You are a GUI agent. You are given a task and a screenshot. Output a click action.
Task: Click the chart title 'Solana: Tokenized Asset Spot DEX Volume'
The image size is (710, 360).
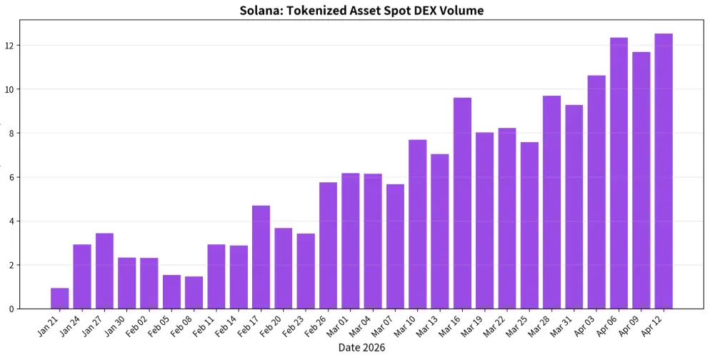click(x=361, y=11)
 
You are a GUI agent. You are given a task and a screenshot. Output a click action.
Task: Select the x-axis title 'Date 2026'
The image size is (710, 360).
click(x=361, y=348)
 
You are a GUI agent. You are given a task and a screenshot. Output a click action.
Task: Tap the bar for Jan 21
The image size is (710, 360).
click(x=60, y=299)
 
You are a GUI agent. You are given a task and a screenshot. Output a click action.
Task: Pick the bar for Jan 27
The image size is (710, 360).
click(x=104, y=271)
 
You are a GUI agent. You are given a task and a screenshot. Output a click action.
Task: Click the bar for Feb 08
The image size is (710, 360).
click(x=194, y=293)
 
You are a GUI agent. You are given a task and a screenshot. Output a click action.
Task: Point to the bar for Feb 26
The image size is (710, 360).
click(x=328, y=246)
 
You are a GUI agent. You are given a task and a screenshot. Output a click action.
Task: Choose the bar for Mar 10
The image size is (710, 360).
click(x=417, y=224)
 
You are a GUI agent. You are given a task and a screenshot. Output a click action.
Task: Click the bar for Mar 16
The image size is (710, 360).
click(x=462, y=204)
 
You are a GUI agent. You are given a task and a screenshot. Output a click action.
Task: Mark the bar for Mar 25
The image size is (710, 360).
click(x=529, y=226)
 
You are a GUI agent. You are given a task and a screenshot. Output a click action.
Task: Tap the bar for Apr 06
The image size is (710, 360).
click(x=619, y=174)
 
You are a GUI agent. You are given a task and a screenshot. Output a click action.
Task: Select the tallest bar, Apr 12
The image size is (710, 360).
click(x=663, y=171)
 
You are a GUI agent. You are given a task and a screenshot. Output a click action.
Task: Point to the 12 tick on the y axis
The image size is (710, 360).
click(x=10, y=46)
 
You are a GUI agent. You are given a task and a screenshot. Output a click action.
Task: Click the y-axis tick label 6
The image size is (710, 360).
click(x=10, y=177)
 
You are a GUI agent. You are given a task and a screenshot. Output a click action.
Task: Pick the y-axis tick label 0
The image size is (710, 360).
click(x=10, y=309)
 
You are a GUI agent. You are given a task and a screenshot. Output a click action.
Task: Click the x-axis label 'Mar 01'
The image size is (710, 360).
click(x=337, y=327)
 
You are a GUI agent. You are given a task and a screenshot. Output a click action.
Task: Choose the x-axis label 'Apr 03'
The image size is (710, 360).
click(x=583, y=327)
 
